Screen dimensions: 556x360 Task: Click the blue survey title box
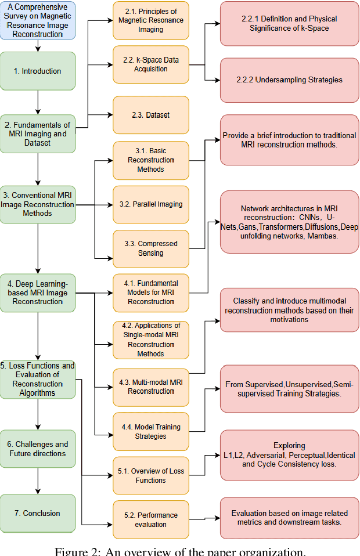[38, 20]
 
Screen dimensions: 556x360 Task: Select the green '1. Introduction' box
[38, 71]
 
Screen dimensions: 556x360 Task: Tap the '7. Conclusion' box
[38, 513]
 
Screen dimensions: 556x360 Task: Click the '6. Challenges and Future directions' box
[38, 449]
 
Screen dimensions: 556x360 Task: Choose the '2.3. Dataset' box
[151, 115]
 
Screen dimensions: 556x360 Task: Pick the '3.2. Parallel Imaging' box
[151, 204]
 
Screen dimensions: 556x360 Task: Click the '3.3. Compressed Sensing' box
[151, 248]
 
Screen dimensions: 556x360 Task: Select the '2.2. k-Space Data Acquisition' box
[151, 64]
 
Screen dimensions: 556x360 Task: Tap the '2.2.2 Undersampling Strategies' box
[289, 80]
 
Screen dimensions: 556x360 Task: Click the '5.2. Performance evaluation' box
[151, 519]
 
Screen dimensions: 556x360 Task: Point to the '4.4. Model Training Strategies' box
[151, 431]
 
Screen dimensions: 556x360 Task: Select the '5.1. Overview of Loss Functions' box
[151, 475]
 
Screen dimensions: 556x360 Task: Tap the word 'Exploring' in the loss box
[289, 446]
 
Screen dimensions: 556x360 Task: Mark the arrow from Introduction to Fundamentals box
[38, 102]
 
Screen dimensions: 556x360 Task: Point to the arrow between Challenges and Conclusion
[38, 481]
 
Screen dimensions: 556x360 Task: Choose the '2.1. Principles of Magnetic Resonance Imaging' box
[151, 20]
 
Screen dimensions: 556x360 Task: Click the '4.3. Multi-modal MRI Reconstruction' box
[151, 387]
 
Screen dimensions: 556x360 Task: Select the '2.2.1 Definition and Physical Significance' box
[289, 24]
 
